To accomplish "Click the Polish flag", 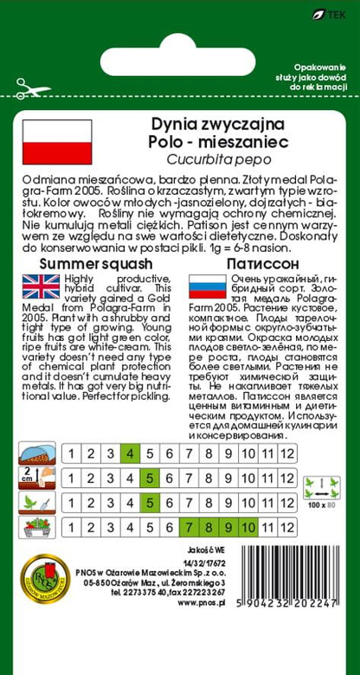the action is (x=50, y=142).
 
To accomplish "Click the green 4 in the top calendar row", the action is (x=130, y=453).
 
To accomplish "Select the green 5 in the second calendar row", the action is (x=149, y=477).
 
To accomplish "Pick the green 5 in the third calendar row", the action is (x=149, y=502).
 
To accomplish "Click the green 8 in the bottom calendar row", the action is (x=209, y=526).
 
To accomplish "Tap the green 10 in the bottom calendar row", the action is (x=247, y=526).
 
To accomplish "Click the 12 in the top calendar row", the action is (x=287, y=453).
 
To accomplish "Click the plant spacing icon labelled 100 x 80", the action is (x=321, y=490).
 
